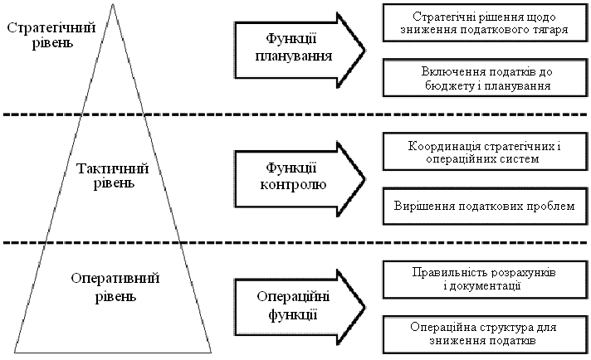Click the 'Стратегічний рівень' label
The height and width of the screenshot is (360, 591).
50,35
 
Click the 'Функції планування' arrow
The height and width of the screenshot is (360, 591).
295,47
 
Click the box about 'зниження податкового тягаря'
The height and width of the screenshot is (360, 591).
483,22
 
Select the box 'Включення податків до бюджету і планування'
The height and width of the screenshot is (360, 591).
483,77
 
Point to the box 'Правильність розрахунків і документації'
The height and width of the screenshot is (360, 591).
483,280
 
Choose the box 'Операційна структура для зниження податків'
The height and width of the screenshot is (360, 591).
483,333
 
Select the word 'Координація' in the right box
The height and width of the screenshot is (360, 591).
438,146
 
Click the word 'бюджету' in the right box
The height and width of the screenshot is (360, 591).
439,84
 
